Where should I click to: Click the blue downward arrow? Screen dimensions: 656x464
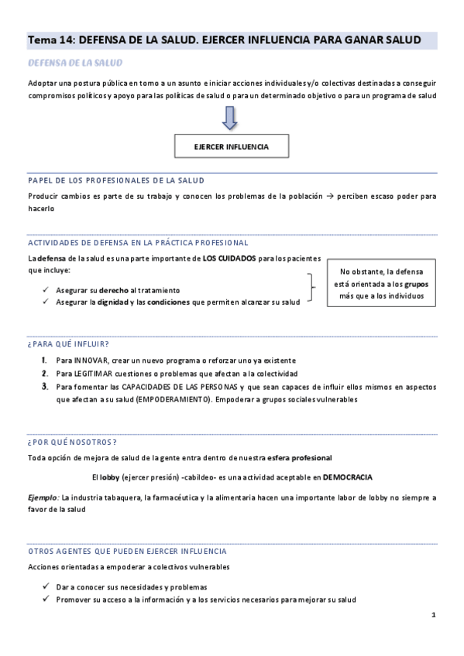click(x=230, y=118)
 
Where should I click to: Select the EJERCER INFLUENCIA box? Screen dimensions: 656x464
click(x=232, y=146)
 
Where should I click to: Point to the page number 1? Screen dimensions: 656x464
click(x=434, y=615)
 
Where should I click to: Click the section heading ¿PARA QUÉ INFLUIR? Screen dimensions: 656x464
click(x=68, y=343)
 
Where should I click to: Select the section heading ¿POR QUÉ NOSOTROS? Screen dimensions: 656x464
click(x=72, y=442)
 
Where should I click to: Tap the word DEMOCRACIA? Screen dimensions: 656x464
click(x=348, y=477)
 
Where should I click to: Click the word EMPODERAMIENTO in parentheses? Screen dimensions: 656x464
click(x=174, y=399)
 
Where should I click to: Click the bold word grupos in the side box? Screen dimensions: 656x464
click(x=415, y=283)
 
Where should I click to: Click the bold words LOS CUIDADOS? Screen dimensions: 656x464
click(x=229, y=257)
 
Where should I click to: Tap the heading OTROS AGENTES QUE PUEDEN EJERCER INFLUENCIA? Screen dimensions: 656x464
click(x=127, y=551)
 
